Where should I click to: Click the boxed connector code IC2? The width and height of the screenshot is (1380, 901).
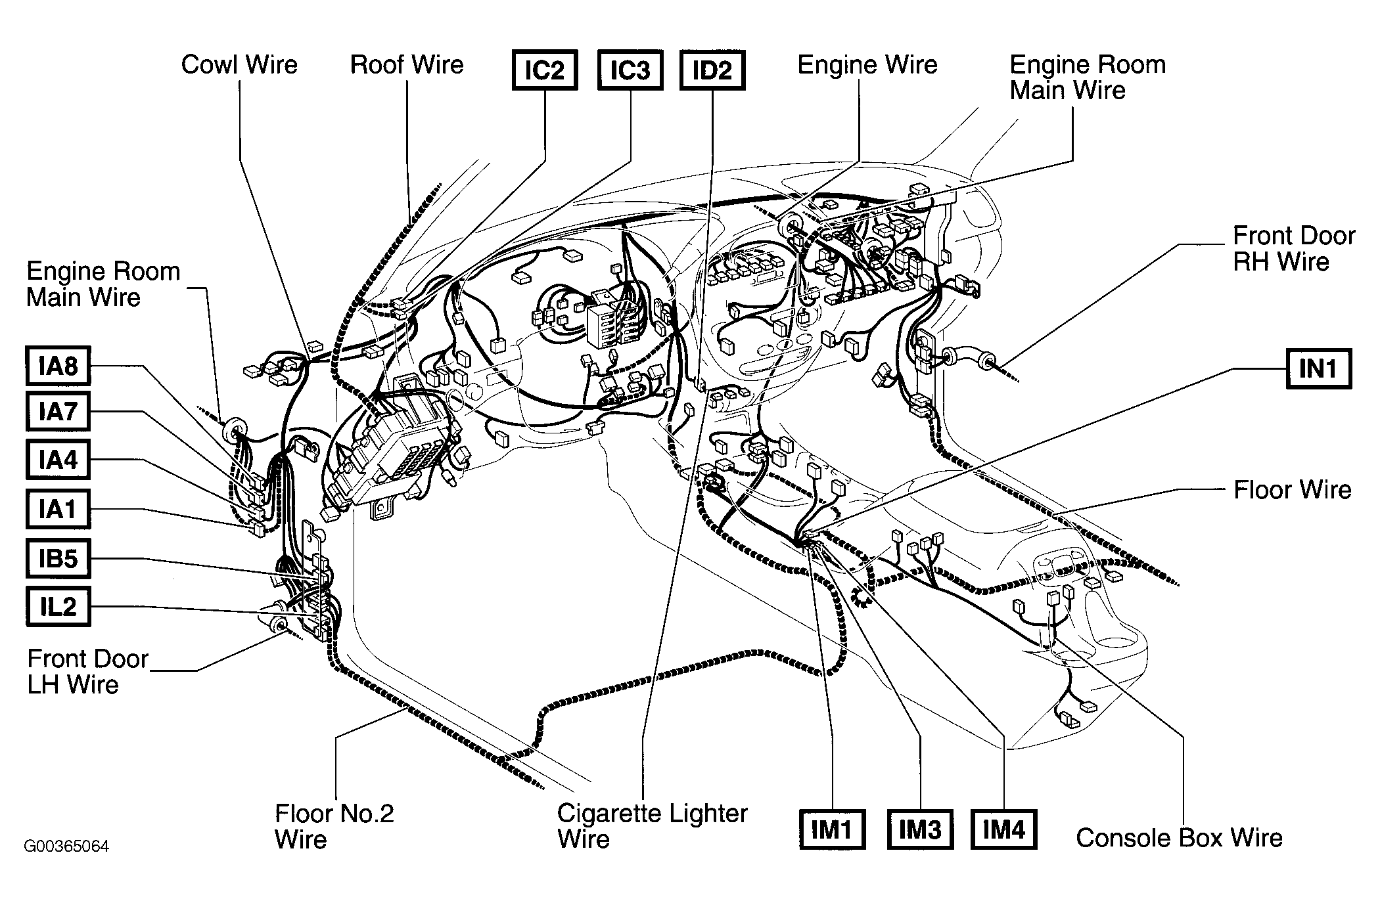pyautogui.click(x=544, y=70)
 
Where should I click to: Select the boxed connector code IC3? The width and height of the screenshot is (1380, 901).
pyautogui.click(x=630, y=70)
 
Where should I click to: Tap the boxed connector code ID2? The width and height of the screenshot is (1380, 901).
pyautogui.click(x=712, y=70)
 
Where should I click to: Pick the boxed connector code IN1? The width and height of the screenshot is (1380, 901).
pyautogui.click(x=1318, y=368)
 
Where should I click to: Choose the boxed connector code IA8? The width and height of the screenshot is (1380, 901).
pyautogui.click(x=58, y=366)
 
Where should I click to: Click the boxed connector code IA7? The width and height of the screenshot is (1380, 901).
pyautogui.click(x=58, y=412)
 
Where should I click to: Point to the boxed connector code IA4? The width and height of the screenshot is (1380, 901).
pyautogui.click(x=58, y=460)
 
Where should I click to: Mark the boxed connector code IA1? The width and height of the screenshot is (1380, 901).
pyautogui.click(x=58, y=509)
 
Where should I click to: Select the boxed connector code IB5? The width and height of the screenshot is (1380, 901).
pyautogui.click(x=58, y=558)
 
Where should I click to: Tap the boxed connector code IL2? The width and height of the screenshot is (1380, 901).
pyautogui.click(x=58, y=606)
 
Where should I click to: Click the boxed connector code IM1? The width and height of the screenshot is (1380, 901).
pyautogui.click(x=831, y=829)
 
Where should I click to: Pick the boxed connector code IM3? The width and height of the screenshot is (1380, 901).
pyautogui.click(x=919, y=829)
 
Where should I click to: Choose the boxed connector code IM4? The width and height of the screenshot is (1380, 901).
pyautogui.click(x=1004, y=829)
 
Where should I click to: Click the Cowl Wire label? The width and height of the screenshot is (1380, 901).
pyautogui.click(x=239, y=64)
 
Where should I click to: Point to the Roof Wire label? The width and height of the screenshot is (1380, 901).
pyautogui.click(x=407, y=64)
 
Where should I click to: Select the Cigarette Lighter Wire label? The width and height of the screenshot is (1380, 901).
pyautogui.click(x=652, y=826)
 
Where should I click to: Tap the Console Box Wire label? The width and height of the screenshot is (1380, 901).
pyautogui.click(x=1179, y=838)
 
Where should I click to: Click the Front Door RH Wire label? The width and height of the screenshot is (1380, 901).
pyautogui.click(x=1294, y=249)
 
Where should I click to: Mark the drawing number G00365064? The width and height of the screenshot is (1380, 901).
pyautogui.click(x=66, y=846)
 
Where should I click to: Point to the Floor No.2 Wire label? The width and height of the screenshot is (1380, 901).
pyautogui.click(x=334, y=826)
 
